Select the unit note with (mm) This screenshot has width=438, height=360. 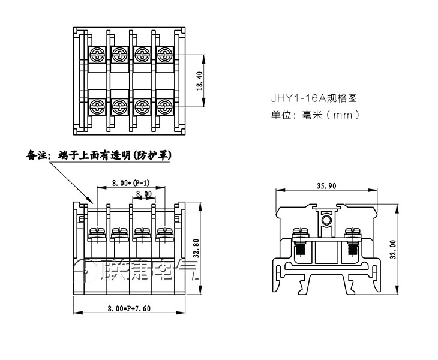point(315,114)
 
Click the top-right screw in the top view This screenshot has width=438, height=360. point(164,55)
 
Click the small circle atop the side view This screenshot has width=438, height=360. point(327,221)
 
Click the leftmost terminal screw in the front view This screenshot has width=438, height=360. point(96,232)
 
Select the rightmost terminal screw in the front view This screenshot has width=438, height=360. point(163,232)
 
